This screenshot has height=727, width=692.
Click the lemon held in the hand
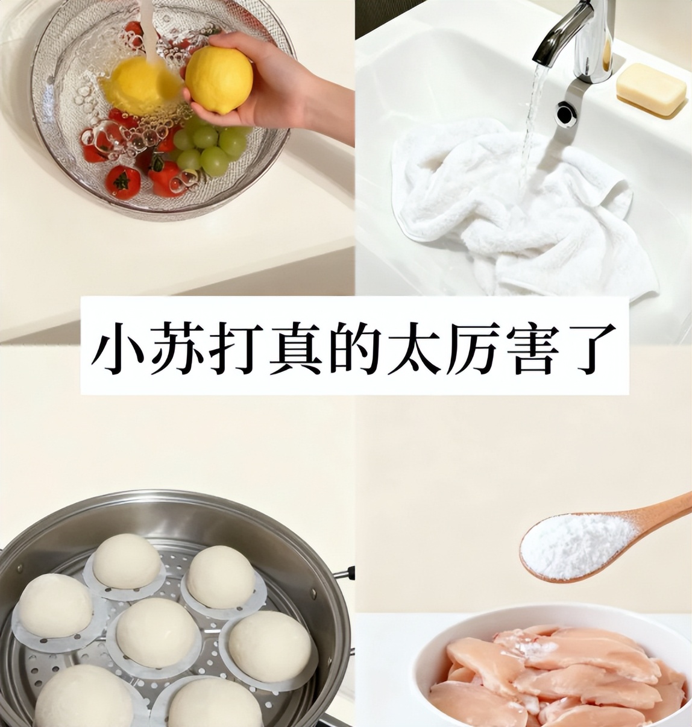point(219,79)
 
